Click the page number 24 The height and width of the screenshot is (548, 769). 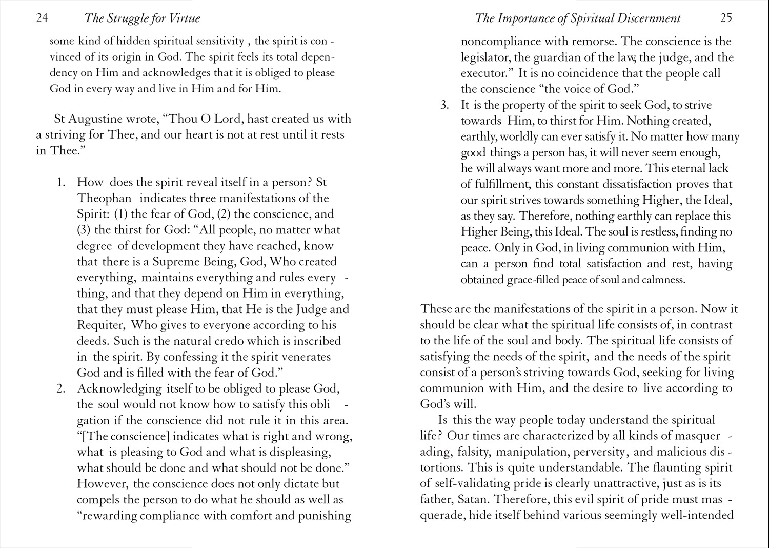42,18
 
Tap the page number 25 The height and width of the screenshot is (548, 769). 726,18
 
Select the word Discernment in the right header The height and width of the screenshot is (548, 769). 649,18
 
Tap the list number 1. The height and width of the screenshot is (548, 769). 61,182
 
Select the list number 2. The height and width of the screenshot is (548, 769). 61,388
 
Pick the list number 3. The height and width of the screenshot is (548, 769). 444,105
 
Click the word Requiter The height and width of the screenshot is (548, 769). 100,325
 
